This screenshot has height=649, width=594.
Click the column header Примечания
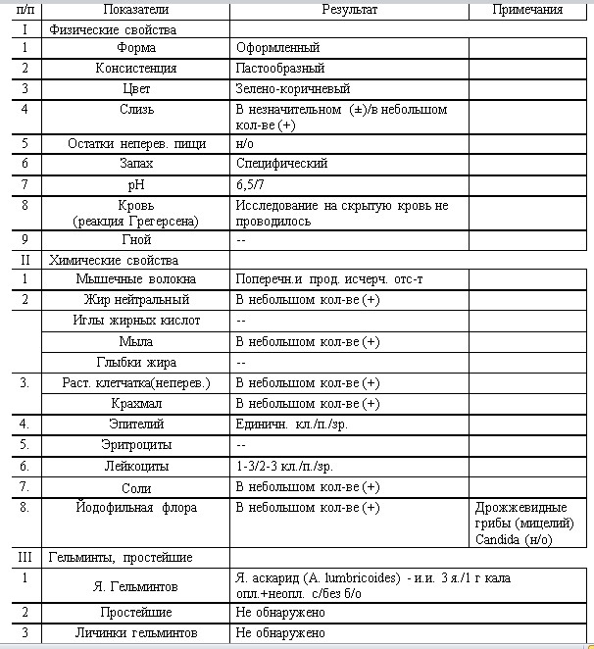pyautogui.click(x=529, y=10)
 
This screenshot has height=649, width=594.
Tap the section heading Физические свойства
pyautogui.click(x=113, y=29)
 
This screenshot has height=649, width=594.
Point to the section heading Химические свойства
pyautogui.click(x=114, y=261)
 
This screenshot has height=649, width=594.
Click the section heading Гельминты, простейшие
pyautogui.click(x=121, y=557)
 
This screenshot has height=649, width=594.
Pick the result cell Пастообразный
pyautogui.click(x=280, y=69)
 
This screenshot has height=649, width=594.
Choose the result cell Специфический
pyautogui.click(x=282, y=164)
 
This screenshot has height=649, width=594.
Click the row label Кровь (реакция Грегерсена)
pyautogui.click(x=135, y=214)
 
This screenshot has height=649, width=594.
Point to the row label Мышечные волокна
pyautogui.click(x=135, y=279)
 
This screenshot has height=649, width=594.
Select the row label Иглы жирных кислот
pyautogui.click(x=135, y=321)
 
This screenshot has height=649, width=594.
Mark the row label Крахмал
pyautogui.click(x=135, y=403)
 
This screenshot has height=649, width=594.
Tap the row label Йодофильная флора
pyautogui.click(x=135, y=508)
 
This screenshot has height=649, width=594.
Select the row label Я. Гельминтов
pyautogui.click(x=135, y=586)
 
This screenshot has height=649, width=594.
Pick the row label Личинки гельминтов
pyautogui.click(x=135, y=633)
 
